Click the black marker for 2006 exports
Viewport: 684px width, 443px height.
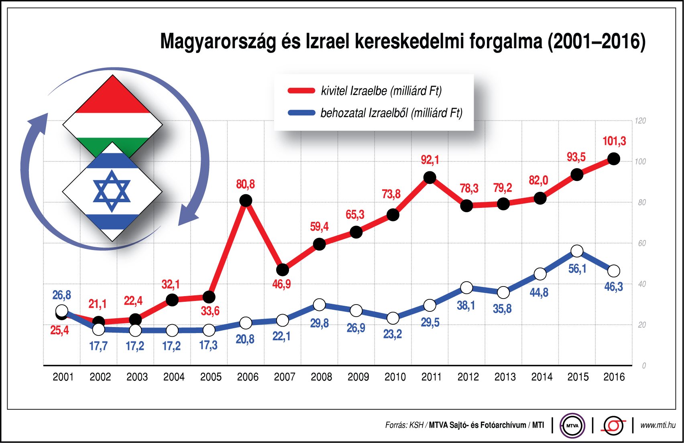point(246,200)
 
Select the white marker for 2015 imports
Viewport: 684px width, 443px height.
point(577,252)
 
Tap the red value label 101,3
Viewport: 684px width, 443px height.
point(614,141)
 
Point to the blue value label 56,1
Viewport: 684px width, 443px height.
point(577,269)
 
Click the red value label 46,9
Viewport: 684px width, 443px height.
point(281,284)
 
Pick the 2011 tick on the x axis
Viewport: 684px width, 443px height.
point(431,377)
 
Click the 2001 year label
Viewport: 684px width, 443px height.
point(63,377)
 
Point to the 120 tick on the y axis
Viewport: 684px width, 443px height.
point(640,121)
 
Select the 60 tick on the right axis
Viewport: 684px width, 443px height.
point(641,243)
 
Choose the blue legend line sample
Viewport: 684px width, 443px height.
point(301,113)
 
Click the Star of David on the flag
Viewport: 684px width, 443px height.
point(112,191)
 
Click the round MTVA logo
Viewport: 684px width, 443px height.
point(572,425)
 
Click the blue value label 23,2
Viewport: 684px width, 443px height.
point(392,334)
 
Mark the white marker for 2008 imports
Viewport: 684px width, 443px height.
point(319,305)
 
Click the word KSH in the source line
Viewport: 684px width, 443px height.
point(416,425)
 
